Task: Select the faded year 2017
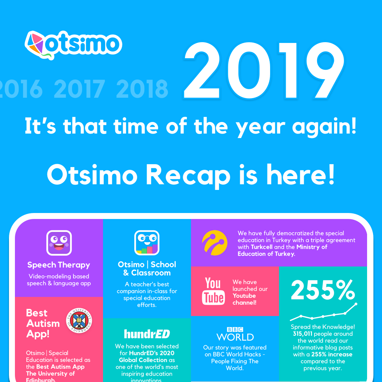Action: pos(79,89)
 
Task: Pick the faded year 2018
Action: pos(142,89)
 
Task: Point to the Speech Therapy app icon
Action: pos(59,243)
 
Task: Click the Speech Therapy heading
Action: pos(59,265)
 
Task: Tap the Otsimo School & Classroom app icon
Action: pos(147,243)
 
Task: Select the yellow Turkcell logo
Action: pos(214,243)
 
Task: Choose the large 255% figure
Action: pos(323,290)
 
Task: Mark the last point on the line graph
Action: pos(356,304)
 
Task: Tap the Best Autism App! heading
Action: pos(43,323)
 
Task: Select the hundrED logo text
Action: pos(147,334)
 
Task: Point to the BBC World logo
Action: pos(235,334)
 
